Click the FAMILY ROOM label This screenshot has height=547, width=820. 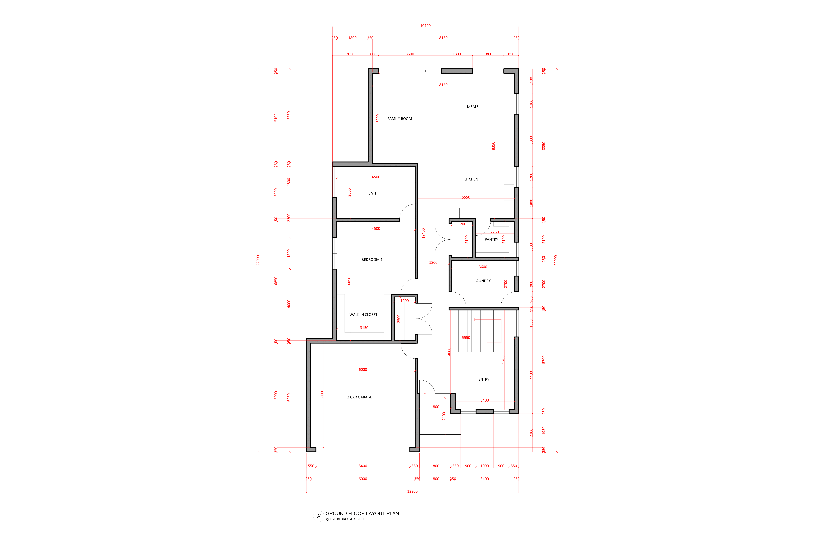pyautogui.click(x=400, y=119)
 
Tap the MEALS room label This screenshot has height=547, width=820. pyautogui.click(x=473, y=107)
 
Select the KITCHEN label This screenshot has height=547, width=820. pyautogui.click(x=471, y=179)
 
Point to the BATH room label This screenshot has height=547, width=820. pyautogui.click(x=373, y=193)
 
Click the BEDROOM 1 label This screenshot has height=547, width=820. pyautogui.click(x=372, y=260)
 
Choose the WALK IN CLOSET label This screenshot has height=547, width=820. pyautogui.click(x=363, y=315)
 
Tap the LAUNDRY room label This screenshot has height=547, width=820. pyautogui.click(x=483, y=281)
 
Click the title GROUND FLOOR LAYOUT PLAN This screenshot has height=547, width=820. pyautogui.click(x=362, y=513)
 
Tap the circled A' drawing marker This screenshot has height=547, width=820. pyautogui.click(x=319, y=516)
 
